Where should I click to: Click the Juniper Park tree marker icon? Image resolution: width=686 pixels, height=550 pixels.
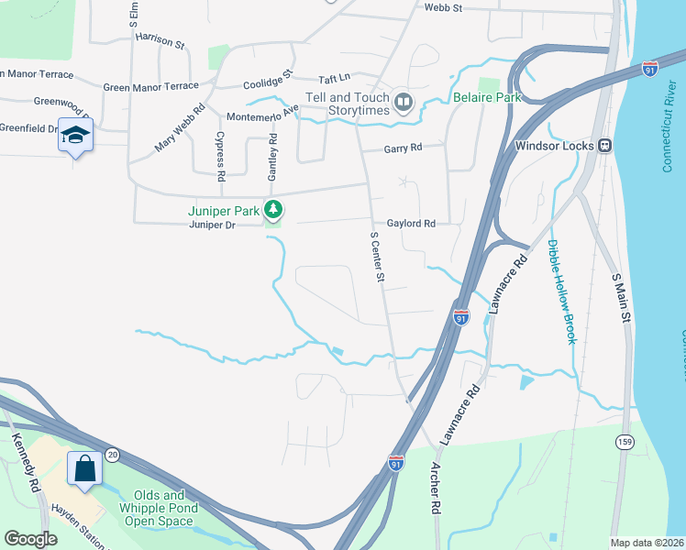[272, 210]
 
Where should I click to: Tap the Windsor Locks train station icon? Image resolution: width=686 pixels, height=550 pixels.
[605, 145]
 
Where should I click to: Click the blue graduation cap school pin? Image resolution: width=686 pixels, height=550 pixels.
[75, 135]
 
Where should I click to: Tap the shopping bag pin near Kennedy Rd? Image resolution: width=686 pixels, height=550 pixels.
[84, 468]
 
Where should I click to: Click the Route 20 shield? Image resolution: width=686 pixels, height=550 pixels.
[112, 454]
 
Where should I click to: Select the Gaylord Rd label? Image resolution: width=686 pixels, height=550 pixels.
[410, 224]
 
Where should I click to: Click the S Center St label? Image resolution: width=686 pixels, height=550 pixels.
[375, 256]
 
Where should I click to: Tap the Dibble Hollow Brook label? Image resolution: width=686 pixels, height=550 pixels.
[560, 291]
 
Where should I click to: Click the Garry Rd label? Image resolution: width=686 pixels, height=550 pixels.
[404, 148]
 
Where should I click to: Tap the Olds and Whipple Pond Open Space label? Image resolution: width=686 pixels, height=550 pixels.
[160, 513]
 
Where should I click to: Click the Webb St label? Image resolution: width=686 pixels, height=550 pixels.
[444, 7]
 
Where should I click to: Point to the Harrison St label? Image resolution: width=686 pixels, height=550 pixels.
[160, 39]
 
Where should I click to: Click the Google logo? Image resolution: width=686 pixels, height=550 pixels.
[30, 539]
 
